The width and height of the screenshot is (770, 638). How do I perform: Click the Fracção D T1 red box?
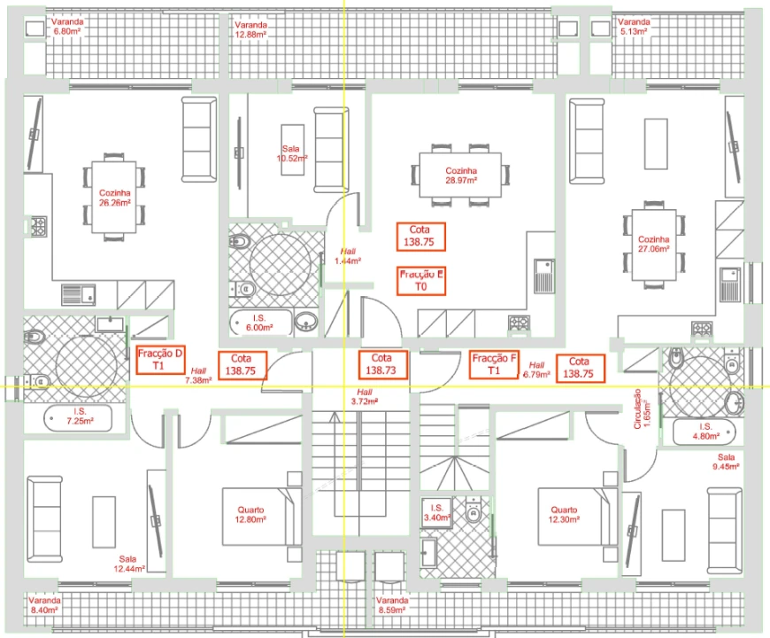[x=160, y=360]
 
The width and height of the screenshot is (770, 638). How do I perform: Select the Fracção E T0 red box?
[x=420, y=281]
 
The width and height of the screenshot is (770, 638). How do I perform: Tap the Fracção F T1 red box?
[x=495, y=365]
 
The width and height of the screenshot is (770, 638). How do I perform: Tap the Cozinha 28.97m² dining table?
[x=461, y=175]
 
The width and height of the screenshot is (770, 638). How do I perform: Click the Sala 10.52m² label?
[x=291, y=153]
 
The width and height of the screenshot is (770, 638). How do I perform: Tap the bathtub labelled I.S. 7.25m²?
[x=79, y=416]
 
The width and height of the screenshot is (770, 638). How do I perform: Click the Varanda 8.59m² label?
[x=390, y=605]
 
